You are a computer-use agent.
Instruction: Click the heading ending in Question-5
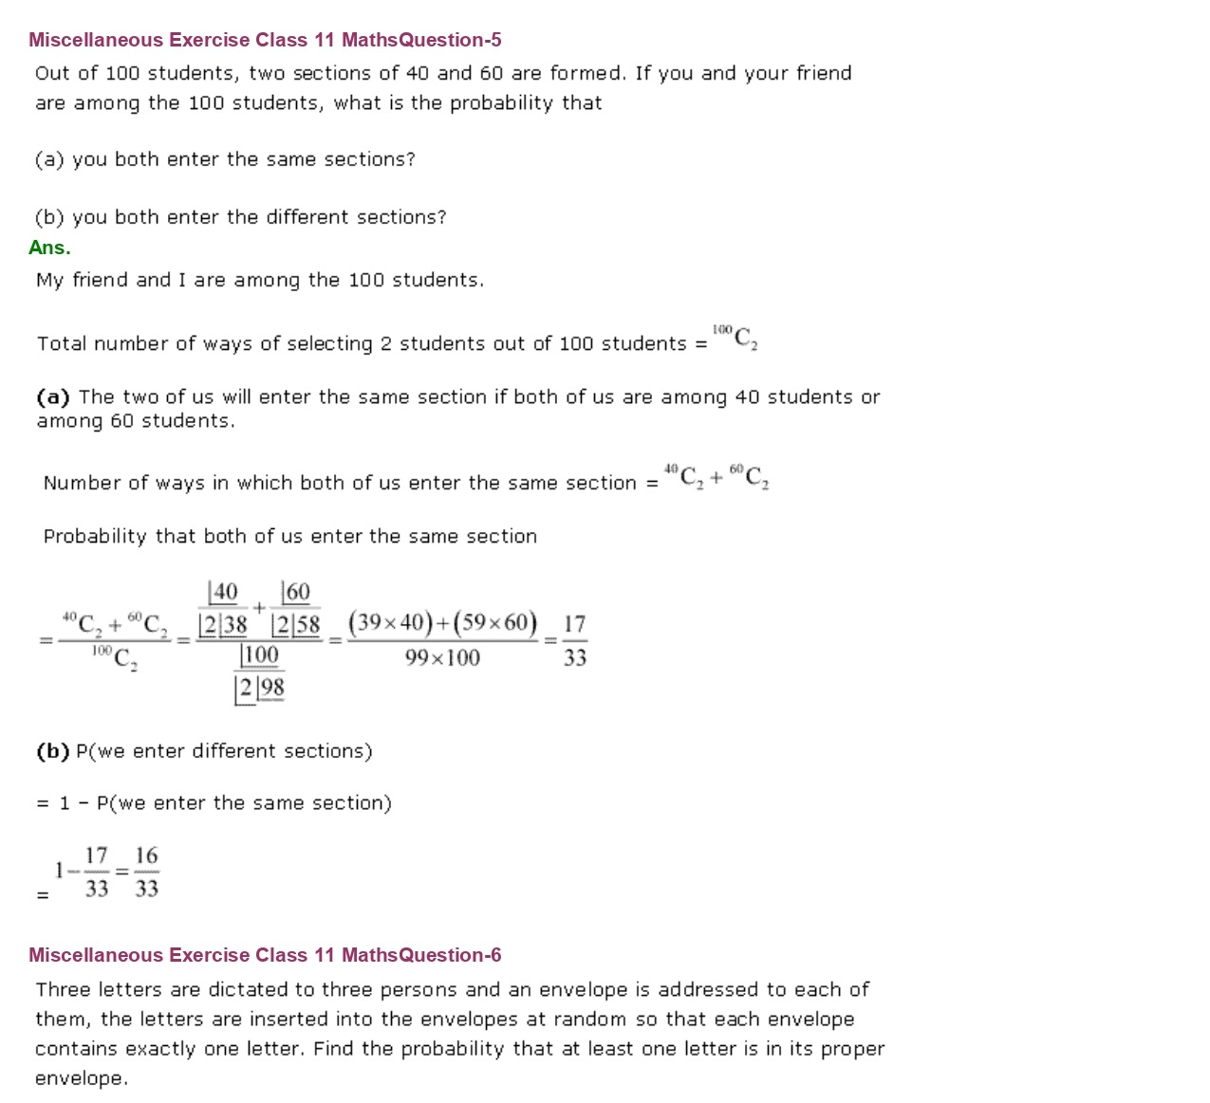tap(265, 40)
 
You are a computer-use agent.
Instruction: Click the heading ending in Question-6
tap(265, 955)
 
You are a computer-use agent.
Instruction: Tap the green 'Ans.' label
tap(49, 248)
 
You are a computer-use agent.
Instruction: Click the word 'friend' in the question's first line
tap(824, 73)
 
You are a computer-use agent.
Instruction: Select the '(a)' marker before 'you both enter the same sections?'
tap(49, 159)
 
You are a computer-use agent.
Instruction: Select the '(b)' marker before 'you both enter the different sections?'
tap(49, 217)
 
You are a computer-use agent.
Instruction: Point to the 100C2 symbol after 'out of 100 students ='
tap(735, 337)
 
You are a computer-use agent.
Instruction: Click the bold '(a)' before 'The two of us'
tap(53, 397)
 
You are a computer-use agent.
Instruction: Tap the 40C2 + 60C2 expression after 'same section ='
tap(717, 476)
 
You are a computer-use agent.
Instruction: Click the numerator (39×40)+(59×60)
tap(442, 623)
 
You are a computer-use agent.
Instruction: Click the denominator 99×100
tap(442, 658)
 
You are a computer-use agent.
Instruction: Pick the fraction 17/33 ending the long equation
tap(574, 641)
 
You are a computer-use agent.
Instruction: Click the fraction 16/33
tap(146, 872)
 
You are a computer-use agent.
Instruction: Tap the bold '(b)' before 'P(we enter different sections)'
tap(53, 751)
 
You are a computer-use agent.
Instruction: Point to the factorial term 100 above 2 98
tap(259, 655)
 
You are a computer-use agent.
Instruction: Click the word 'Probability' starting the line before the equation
tap(95, 537)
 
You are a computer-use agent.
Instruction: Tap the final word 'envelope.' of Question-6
tap(81, 1078)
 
